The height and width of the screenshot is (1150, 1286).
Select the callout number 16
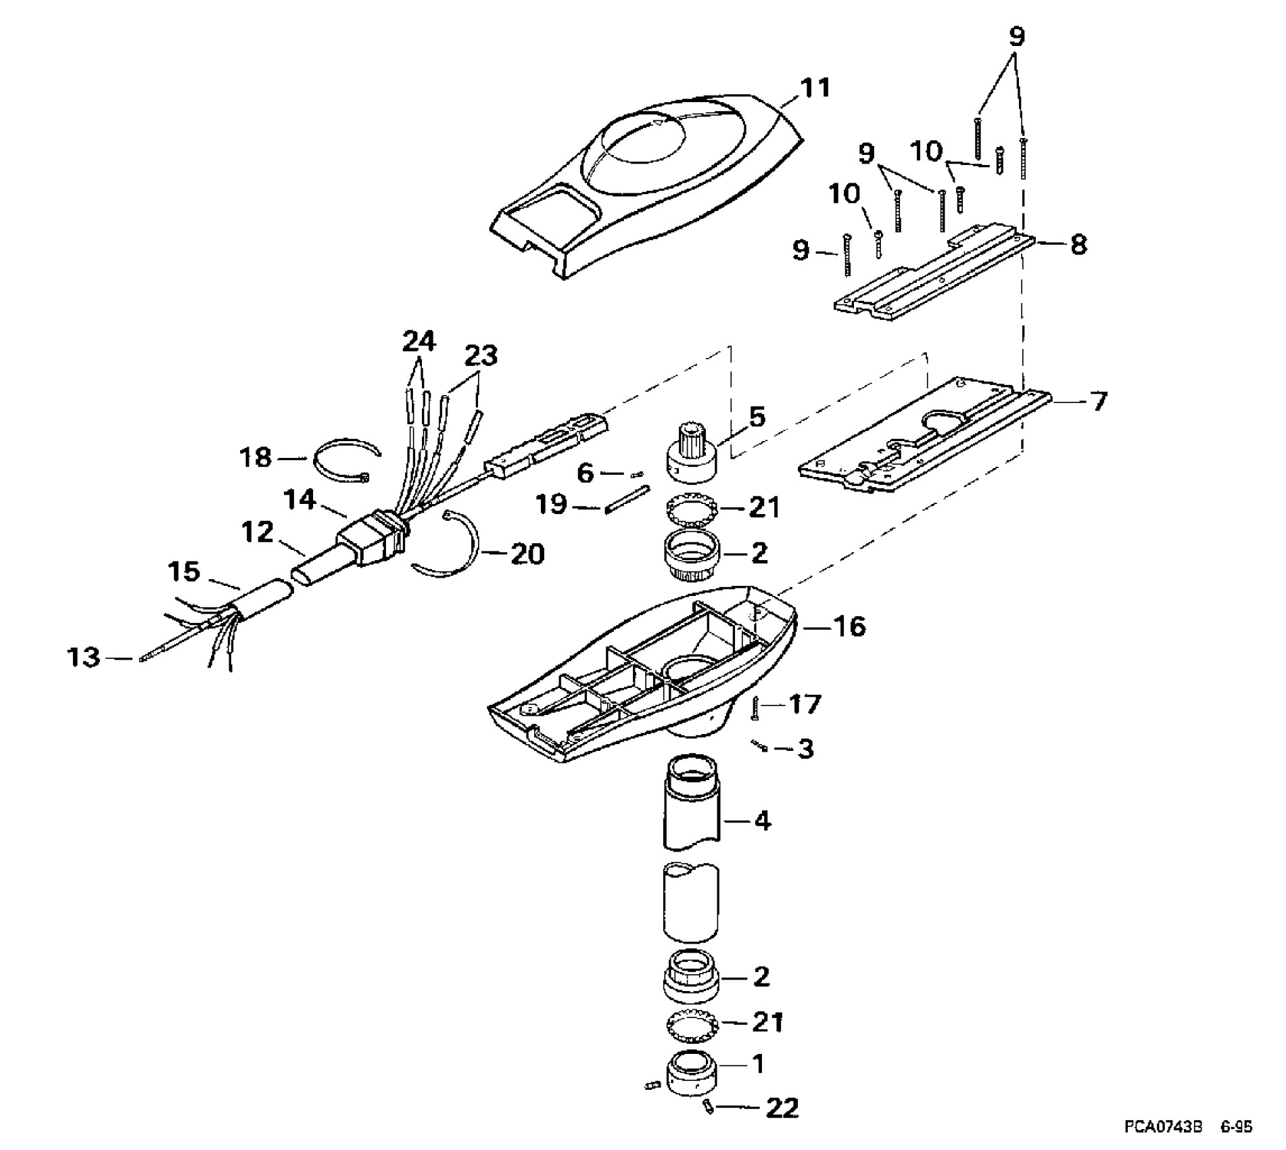pos(850,626)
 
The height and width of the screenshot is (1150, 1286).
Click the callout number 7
pos(1099,402)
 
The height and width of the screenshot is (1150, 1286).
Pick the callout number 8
pos(1078,244)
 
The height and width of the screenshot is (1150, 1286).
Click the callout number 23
pos(481,355)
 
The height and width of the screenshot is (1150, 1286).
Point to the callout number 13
pos(83,657)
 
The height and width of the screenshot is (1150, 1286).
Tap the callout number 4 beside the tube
pos(762,821)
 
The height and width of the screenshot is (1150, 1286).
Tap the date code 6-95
pos(1237,1127)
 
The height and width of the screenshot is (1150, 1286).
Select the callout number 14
pos(300,501)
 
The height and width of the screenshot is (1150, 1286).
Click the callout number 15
pos(184,572)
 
